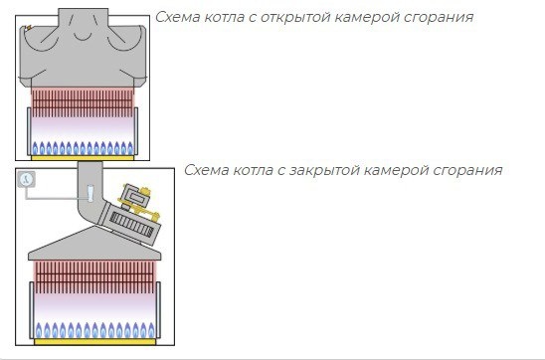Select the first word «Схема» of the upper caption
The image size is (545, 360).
point(177,18)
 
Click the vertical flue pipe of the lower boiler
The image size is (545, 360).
point(88,189)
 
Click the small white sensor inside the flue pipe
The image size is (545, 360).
point(89,189)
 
